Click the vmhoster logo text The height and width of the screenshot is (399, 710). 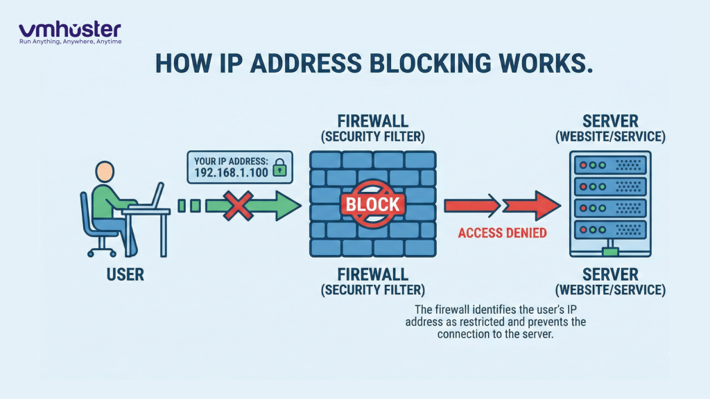pos(69,29)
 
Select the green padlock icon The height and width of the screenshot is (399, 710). pos(280,169)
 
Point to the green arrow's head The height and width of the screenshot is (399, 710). pos(286,206)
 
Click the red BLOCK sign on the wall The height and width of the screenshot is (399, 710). pos(372,204)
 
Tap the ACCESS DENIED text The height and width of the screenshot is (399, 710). pos(502,233)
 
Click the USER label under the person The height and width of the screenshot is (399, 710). pos(125,275)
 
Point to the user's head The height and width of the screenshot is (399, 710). pos(105,172)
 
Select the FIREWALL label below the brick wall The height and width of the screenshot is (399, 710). pos(372,274)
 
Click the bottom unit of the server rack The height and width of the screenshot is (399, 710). pos(611,229)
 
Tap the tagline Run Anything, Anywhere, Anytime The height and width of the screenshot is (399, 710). pos(70,42)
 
